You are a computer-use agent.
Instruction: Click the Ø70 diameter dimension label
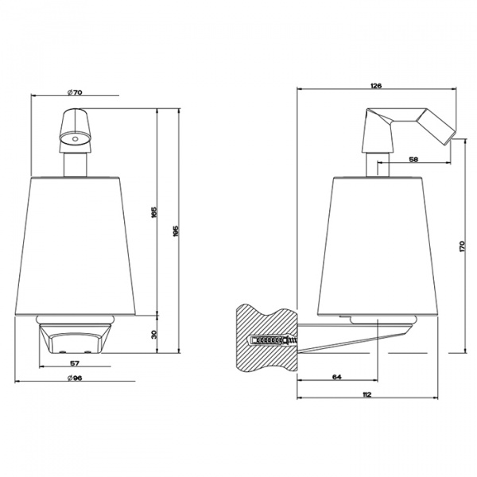point(75,92)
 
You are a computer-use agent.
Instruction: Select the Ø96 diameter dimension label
point(75,378)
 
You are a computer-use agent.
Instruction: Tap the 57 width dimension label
point(75,363)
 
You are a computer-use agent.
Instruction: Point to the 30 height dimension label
point(153,335)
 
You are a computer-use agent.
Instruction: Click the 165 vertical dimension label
point(153,212)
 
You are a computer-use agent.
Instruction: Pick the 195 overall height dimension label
point(176,231)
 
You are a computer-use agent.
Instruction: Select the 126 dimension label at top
point(376,86)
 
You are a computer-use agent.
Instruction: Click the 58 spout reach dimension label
point(413,159)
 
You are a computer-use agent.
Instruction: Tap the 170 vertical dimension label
point(462,246)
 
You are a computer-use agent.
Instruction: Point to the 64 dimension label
point(337,377)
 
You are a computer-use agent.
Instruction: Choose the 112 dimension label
point(367,394)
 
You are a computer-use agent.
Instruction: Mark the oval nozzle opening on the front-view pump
point(75,139)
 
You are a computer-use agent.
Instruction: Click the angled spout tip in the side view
point(448,138)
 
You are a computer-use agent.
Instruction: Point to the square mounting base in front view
point(75,339)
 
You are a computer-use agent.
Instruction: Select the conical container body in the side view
point(378,246)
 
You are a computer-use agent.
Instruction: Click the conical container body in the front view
point(76,246)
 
